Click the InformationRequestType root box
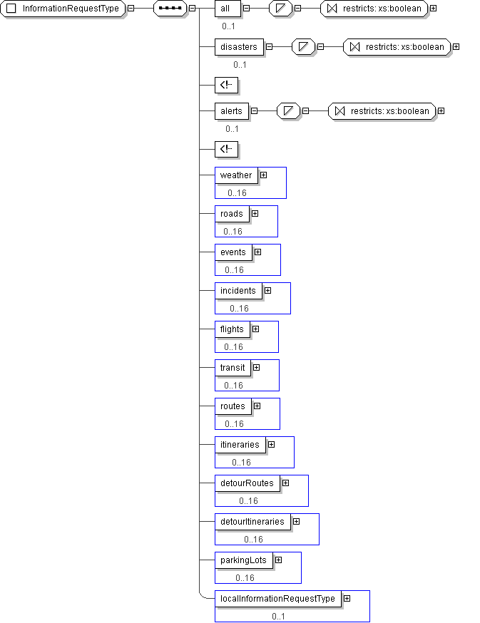(63, 9)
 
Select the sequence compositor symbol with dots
(170, 9)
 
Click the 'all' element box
(228, 9)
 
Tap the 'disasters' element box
(239, 47)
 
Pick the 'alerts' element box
(232, 111)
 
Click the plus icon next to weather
(263, 175)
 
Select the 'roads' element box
(232, 214)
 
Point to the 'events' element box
(233, 252)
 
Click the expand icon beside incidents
(268, 290)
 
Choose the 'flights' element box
(233, 329)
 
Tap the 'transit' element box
(233, 368)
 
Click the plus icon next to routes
(257, 406)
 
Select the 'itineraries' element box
(240, 445)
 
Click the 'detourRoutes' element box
(247, 483)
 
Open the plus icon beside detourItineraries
(296, 521)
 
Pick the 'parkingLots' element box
(244, 560)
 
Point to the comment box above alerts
(226, 85)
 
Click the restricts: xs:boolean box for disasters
(397, 47)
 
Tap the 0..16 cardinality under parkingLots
(245, 577)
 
